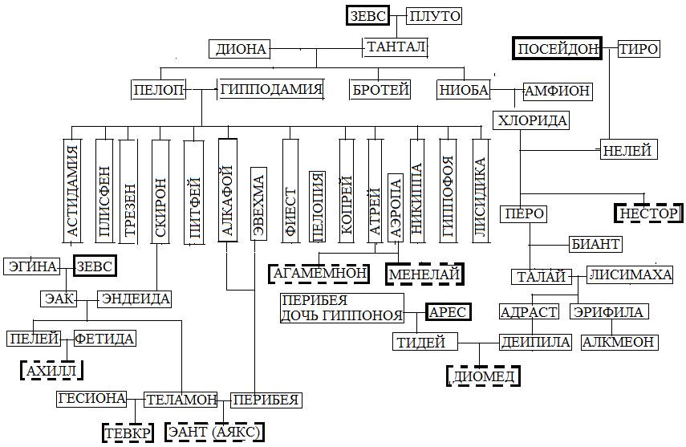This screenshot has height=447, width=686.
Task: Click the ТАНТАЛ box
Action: pos(395,47)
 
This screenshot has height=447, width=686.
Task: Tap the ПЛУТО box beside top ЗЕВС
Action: pos(435,16)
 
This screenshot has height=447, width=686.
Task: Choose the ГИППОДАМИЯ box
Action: pos(271,89)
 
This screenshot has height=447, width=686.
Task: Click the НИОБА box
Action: pos(464,90)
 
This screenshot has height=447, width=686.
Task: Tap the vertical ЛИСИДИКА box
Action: pos(480,190)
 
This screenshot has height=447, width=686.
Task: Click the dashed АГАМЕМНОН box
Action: pos(319,273)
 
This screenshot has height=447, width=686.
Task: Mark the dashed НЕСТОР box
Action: pos(648,213)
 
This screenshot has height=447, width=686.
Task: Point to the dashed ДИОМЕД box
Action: pos(482,376)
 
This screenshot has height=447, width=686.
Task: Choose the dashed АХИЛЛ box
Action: pos(51,370)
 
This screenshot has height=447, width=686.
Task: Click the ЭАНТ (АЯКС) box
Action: pos(215,432)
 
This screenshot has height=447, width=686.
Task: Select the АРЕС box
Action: pos(448,311)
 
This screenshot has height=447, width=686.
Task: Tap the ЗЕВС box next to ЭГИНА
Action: pos(95,266)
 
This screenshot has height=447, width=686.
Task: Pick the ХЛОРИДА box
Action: pos(531,121)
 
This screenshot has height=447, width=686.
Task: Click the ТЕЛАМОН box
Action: pos(181,399)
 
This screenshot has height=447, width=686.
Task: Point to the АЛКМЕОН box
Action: pos(619,342)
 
